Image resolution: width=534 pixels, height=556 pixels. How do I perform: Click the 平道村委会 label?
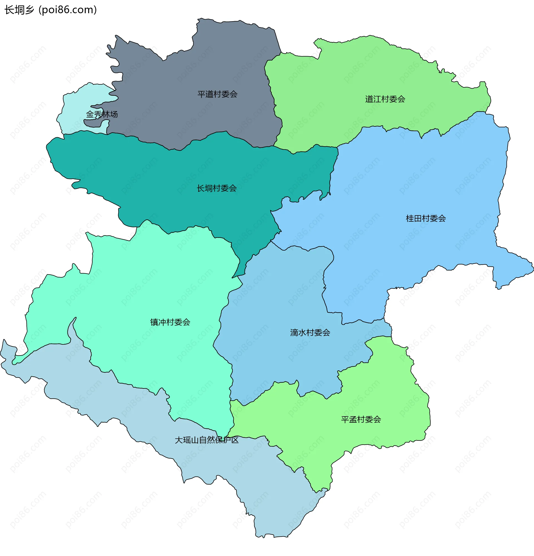pos(217,94)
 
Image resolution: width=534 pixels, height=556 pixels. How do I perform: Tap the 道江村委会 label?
pos(385,99)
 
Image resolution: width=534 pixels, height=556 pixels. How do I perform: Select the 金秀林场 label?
pos(102,114)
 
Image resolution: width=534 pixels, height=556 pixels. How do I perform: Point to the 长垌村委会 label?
pos(217,188)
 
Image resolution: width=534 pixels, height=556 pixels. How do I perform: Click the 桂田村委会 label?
pos(426,218)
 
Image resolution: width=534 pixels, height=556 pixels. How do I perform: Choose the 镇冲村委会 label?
pos(170,322)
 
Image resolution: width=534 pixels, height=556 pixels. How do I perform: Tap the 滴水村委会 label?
pos(310,332)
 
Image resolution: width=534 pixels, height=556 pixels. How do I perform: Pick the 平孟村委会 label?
pos(361,419)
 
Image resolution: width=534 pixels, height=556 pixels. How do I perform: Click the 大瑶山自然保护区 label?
pos(207,440)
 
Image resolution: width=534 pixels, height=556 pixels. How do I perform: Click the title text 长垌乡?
pos(19,10)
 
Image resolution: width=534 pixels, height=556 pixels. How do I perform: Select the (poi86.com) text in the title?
pos(68,10)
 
